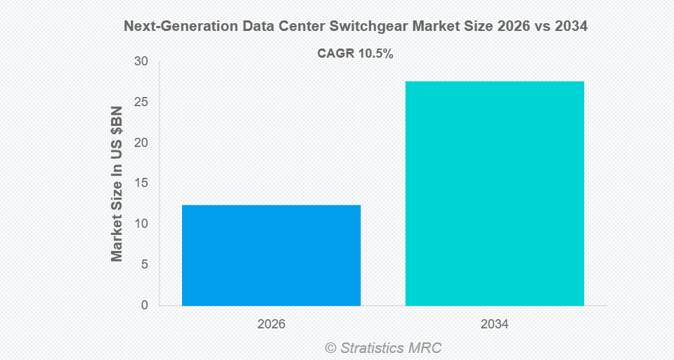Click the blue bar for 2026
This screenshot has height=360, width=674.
tap(271, 255)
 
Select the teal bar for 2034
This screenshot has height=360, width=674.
tap(495, 193)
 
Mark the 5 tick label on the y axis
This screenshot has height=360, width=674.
tap(144, 264)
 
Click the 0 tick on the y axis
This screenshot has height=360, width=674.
tap(144, 305)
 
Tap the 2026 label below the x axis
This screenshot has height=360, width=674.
tap(271, 324)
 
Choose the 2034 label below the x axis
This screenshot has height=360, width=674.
tap(495, 324)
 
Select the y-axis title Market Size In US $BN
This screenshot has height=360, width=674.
tap(117, 184)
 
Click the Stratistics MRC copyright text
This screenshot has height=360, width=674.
tap(383, 347)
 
